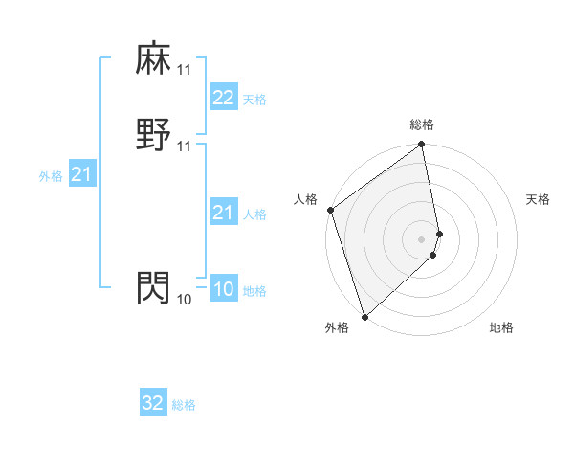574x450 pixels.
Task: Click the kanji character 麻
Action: (154, 58)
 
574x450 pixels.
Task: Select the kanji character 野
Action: (154, 134)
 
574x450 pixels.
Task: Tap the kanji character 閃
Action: (154, 287)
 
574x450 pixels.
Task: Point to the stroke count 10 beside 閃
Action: (184, 300)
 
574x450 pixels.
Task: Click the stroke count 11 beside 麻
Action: (184, 70)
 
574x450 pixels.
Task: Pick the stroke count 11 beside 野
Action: (184, 146)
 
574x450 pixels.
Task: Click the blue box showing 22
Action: (223, 98)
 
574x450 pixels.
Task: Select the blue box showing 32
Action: (153, 403)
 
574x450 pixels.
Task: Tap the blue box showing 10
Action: (223, 289)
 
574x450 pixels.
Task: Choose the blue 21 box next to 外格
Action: (81, 174)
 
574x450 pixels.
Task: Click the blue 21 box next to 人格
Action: (223, 213)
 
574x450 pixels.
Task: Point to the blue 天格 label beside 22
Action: (254, 100)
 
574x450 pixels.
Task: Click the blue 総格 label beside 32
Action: (184, 405)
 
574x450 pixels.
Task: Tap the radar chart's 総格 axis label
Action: (422, 124)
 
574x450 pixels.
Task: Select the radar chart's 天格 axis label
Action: (539, 199)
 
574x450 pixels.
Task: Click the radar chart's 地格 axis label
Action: (501, 328)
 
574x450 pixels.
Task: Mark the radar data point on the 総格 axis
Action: (422, 146)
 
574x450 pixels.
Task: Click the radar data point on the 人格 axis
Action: (330, 210)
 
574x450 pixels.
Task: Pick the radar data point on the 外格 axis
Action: (364, 316)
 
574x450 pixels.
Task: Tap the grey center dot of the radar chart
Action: (422, 238)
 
